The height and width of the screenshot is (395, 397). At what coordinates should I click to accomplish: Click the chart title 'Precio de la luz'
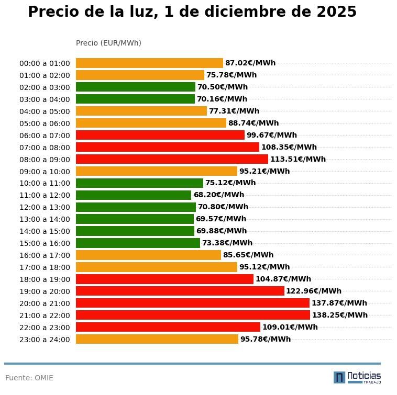tap(192, 12)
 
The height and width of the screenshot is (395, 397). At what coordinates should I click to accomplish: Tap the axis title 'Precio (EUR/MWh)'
tap(108, 43)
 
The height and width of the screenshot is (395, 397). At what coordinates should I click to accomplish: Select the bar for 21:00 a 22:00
tap(193, 315)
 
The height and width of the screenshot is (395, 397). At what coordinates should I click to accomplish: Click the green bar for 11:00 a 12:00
tap(134, 195)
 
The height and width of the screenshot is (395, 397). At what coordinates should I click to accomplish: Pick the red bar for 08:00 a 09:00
tap(172, 159)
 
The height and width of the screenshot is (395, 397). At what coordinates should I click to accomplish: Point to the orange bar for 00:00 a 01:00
tap(149, 63)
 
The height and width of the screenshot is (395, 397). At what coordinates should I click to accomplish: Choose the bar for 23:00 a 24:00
tap(157, 339)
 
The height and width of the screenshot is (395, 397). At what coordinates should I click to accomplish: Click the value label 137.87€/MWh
tap(339, 303)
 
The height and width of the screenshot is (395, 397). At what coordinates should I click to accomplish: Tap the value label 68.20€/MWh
tap(218, 195)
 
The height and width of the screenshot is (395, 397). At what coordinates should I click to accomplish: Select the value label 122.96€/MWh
tap(313, 291)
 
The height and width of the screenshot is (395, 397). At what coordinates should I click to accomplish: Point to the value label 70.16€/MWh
tap(222, 99)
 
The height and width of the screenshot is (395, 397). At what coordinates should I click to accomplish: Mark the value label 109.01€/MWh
tap(290, 328)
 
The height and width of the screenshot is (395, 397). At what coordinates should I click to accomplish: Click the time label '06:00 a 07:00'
tap(45, 136)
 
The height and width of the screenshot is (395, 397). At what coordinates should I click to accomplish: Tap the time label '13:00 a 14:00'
tap(45, 219)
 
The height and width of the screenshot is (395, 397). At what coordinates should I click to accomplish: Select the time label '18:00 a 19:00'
tap(45, 279)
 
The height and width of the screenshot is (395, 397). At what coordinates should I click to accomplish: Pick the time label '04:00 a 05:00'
tap(45, 111)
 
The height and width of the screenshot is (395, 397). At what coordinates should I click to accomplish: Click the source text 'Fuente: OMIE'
tap(29, 378)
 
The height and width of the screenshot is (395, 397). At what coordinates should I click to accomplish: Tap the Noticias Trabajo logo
tap(357, 377)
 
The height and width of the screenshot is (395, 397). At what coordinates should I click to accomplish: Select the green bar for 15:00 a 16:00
tap(138, 243)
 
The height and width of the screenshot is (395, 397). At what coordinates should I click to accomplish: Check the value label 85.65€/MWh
tap(248, 255)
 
